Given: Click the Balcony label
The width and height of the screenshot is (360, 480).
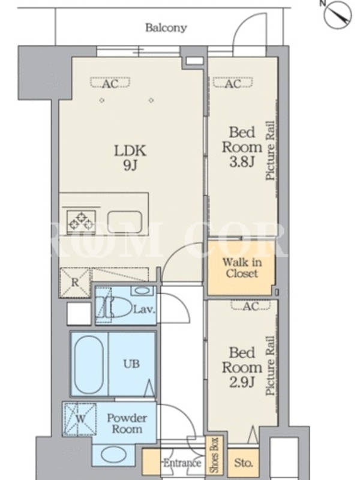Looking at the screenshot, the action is pyautogui.click(x=166, y=28).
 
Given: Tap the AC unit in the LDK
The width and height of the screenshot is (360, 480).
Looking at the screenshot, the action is pyautogui.click(x=110, y=83).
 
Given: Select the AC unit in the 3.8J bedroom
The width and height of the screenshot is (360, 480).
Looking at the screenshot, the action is pyautogui.click(x=233, y=83).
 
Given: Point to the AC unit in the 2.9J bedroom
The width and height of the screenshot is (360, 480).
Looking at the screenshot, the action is pyautogui.click(x=251, y=305).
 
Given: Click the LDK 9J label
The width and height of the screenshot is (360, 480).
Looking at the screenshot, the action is pyautogui.click(x=130, y=158).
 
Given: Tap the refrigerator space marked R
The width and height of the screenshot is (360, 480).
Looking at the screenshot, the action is pyautogui.click(x=76, y=282).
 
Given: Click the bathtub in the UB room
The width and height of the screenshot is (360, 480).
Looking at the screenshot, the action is pyautogui.click(x=89, y=364).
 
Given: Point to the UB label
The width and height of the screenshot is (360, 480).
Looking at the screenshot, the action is pyautogui.click(x=131, y=364).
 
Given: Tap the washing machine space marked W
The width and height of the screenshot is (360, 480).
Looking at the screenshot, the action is pyautogui.click(x=80, y=419).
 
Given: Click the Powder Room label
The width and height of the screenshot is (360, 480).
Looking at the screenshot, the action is pyautogui.click(x=127, y=424).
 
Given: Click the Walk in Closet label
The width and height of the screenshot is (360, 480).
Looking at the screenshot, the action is pyautogui.click(x=242, y=268).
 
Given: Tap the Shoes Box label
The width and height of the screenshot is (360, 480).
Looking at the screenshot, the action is pyautogui.click(x=214, y=454).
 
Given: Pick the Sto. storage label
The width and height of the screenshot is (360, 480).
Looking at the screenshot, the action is pyautogui.click(x=243, y=463).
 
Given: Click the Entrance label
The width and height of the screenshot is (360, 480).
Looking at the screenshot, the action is pyautogui.click(x=182, y=463).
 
